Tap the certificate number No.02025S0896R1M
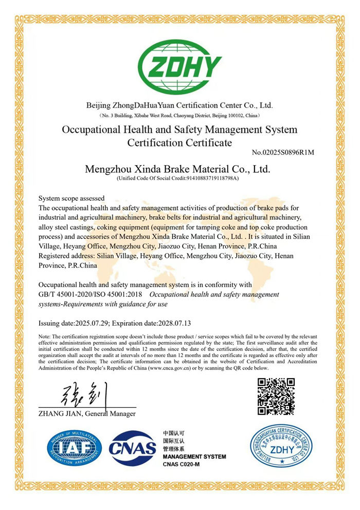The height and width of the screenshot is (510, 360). point(283,152)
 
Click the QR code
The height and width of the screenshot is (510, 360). point(276,396)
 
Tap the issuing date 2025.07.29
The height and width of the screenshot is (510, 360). point(92,323)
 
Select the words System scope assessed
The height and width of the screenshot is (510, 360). point(71,198)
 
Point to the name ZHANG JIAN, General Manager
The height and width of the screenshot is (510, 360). point(86,413)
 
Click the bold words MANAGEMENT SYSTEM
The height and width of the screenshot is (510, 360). point(194,456)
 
